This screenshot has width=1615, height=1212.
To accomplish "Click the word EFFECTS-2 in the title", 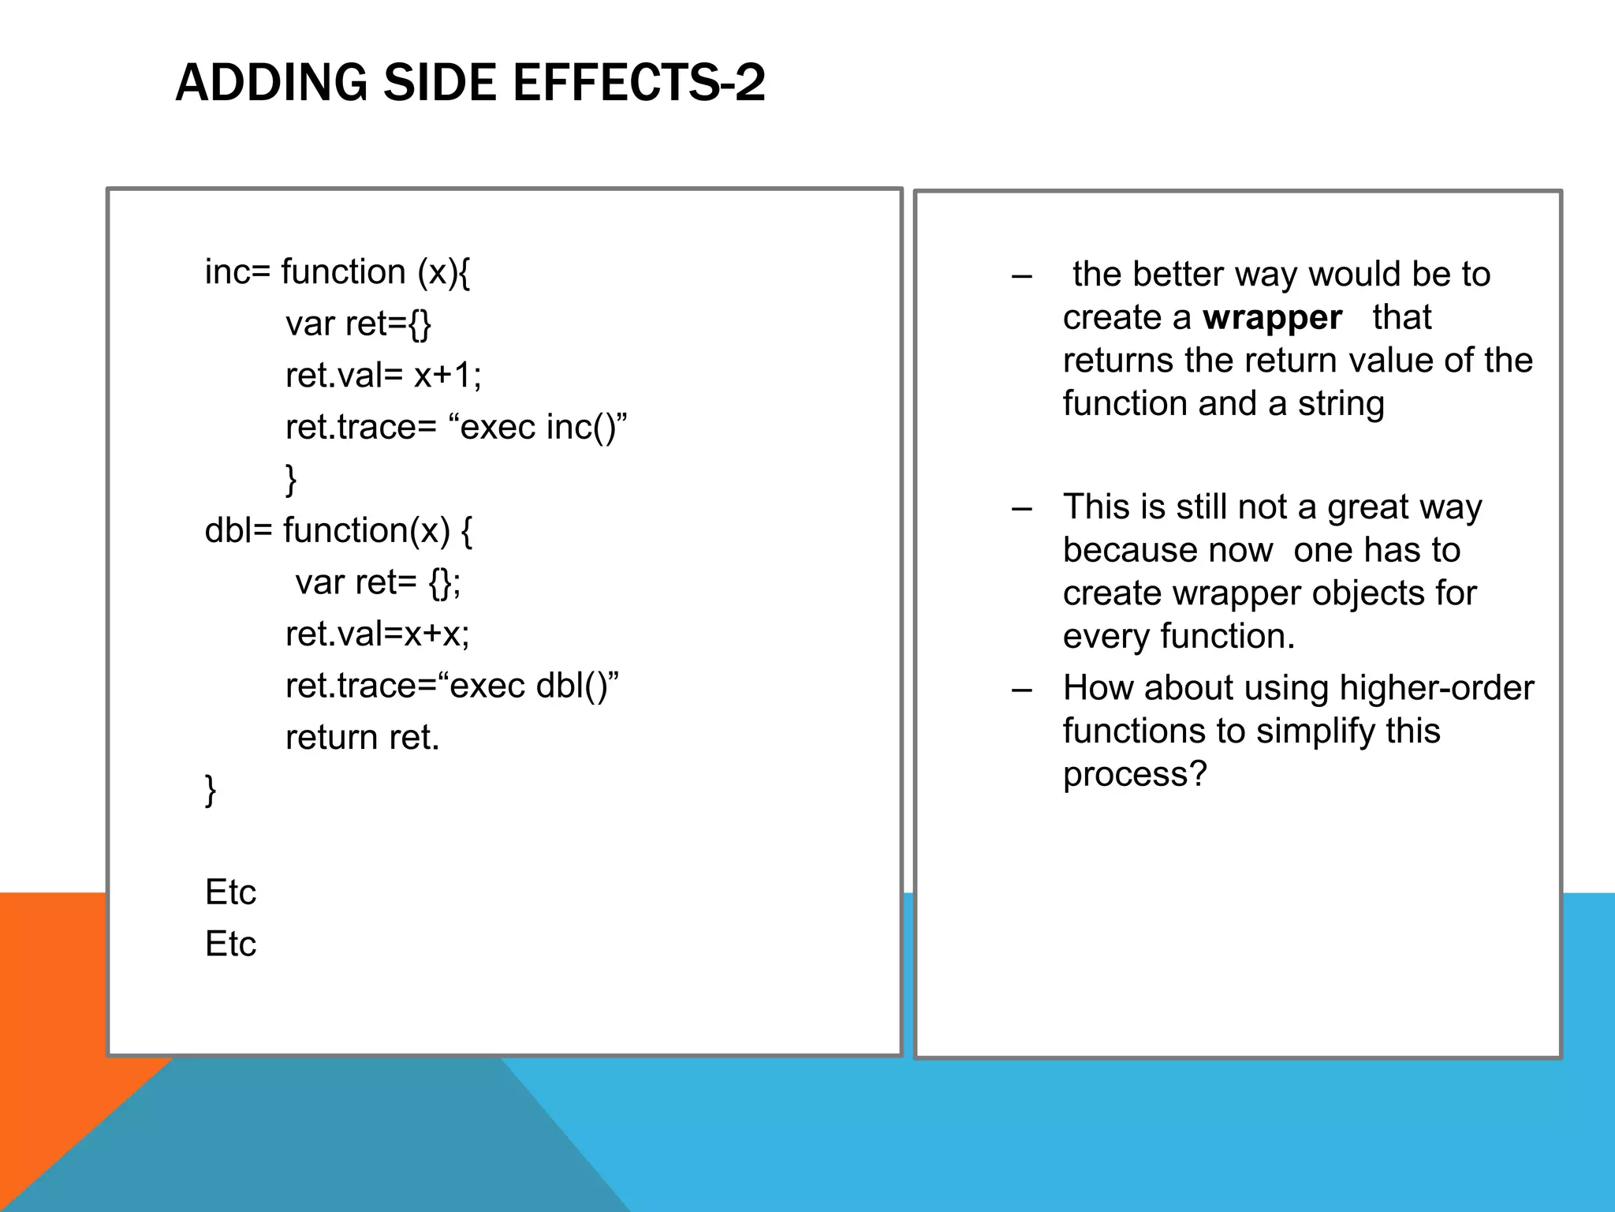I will [638, 83].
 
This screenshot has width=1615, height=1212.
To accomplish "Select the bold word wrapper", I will [1272, 318].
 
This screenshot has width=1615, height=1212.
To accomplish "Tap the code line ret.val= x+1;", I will [383, 375].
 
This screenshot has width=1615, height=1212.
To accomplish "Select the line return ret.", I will [362, 738].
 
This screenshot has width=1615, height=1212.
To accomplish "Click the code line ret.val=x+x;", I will [377, 634].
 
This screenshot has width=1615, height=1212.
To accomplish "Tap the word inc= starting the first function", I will [237, 272].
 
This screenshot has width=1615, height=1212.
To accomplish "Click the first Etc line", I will [230, 892].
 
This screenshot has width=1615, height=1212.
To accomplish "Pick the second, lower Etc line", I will [230, 944].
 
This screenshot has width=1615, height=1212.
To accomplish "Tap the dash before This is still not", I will [1022, 508].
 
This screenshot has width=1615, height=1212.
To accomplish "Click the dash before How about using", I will [1022, 690].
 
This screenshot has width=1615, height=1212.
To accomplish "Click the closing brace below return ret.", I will [211, 790].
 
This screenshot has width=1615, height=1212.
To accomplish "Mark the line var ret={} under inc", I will [358, 324].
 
